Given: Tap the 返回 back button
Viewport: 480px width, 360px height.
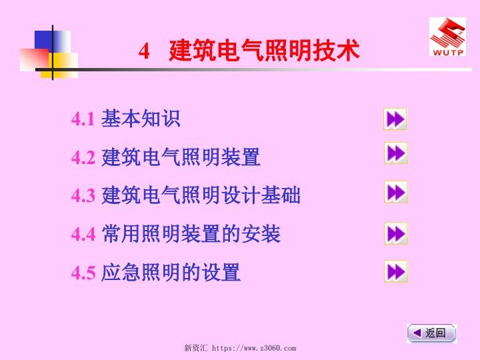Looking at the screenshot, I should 431,333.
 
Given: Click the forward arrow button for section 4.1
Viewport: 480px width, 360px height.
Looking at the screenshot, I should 395,119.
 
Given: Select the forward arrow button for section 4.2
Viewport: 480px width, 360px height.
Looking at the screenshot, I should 395,153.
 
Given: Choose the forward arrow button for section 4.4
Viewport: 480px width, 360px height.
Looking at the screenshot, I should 395,233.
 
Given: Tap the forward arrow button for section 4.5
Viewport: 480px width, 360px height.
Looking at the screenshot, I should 395,271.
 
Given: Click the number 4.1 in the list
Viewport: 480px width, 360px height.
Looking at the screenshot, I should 83,120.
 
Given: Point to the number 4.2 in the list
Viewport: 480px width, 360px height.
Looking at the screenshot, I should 83,158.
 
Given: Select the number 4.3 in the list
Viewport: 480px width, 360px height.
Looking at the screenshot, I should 83,196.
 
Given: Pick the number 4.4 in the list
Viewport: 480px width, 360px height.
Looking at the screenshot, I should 83,235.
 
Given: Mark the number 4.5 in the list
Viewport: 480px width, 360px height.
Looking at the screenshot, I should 83,273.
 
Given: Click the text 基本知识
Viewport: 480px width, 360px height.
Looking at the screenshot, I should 141,119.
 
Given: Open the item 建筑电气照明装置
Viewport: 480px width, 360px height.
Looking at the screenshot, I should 181,157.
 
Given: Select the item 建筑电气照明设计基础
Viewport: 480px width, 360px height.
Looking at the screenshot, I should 201,195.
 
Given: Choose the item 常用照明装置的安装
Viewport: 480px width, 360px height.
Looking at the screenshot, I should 191,234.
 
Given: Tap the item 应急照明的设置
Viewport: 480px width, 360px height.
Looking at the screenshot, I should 171,272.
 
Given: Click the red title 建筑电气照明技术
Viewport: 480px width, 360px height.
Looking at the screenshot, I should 264,51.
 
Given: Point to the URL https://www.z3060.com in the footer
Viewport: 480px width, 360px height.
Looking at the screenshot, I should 253,348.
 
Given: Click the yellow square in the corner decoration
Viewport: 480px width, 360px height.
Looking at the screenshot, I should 63,65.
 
